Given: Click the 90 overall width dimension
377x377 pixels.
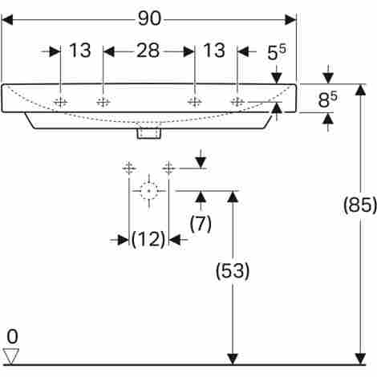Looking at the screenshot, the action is click(149, 18).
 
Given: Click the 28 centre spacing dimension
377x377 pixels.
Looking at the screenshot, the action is click(148, 51).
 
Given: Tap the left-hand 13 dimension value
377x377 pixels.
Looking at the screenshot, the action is click(80, 51).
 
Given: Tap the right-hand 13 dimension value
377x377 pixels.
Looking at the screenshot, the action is click(214, 51).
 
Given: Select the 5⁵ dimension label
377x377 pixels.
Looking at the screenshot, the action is click(277, 52).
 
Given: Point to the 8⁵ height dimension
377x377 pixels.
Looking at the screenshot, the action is click(327, 99).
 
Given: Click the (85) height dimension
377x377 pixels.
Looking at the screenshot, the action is click(360, 205).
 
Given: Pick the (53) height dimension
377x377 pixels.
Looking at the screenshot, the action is click(233, 271).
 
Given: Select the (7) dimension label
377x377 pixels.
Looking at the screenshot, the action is click(201, 223).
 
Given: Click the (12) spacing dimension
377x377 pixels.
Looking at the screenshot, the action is click(148, 239).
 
